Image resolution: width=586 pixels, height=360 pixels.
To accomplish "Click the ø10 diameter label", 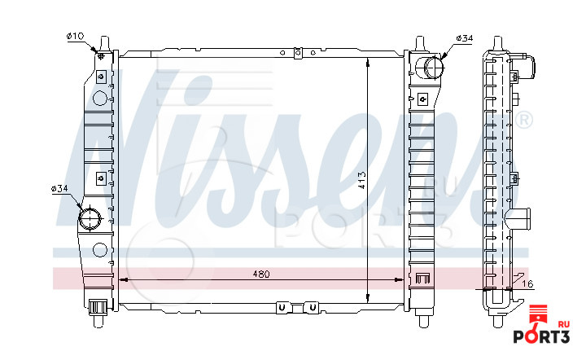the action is click(75, 37).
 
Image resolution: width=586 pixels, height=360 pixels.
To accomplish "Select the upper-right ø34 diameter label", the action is click(465, 38).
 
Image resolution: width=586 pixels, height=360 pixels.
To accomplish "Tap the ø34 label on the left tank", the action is click(59, 188).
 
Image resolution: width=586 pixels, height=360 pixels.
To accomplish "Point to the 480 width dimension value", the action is click(261, 274).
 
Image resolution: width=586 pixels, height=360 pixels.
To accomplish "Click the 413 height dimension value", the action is click(361, 180).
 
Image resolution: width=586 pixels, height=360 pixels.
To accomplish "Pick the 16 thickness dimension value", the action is click(527, 284).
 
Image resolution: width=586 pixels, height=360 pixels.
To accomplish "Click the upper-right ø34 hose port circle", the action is click(434, 67).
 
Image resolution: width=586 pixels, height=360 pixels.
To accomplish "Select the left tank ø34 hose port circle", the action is click(90, 218).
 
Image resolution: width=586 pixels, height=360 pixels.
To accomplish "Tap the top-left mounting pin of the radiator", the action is click(105, 43).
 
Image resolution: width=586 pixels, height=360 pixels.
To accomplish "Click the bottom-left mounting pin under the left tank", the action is click(98, 320).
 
